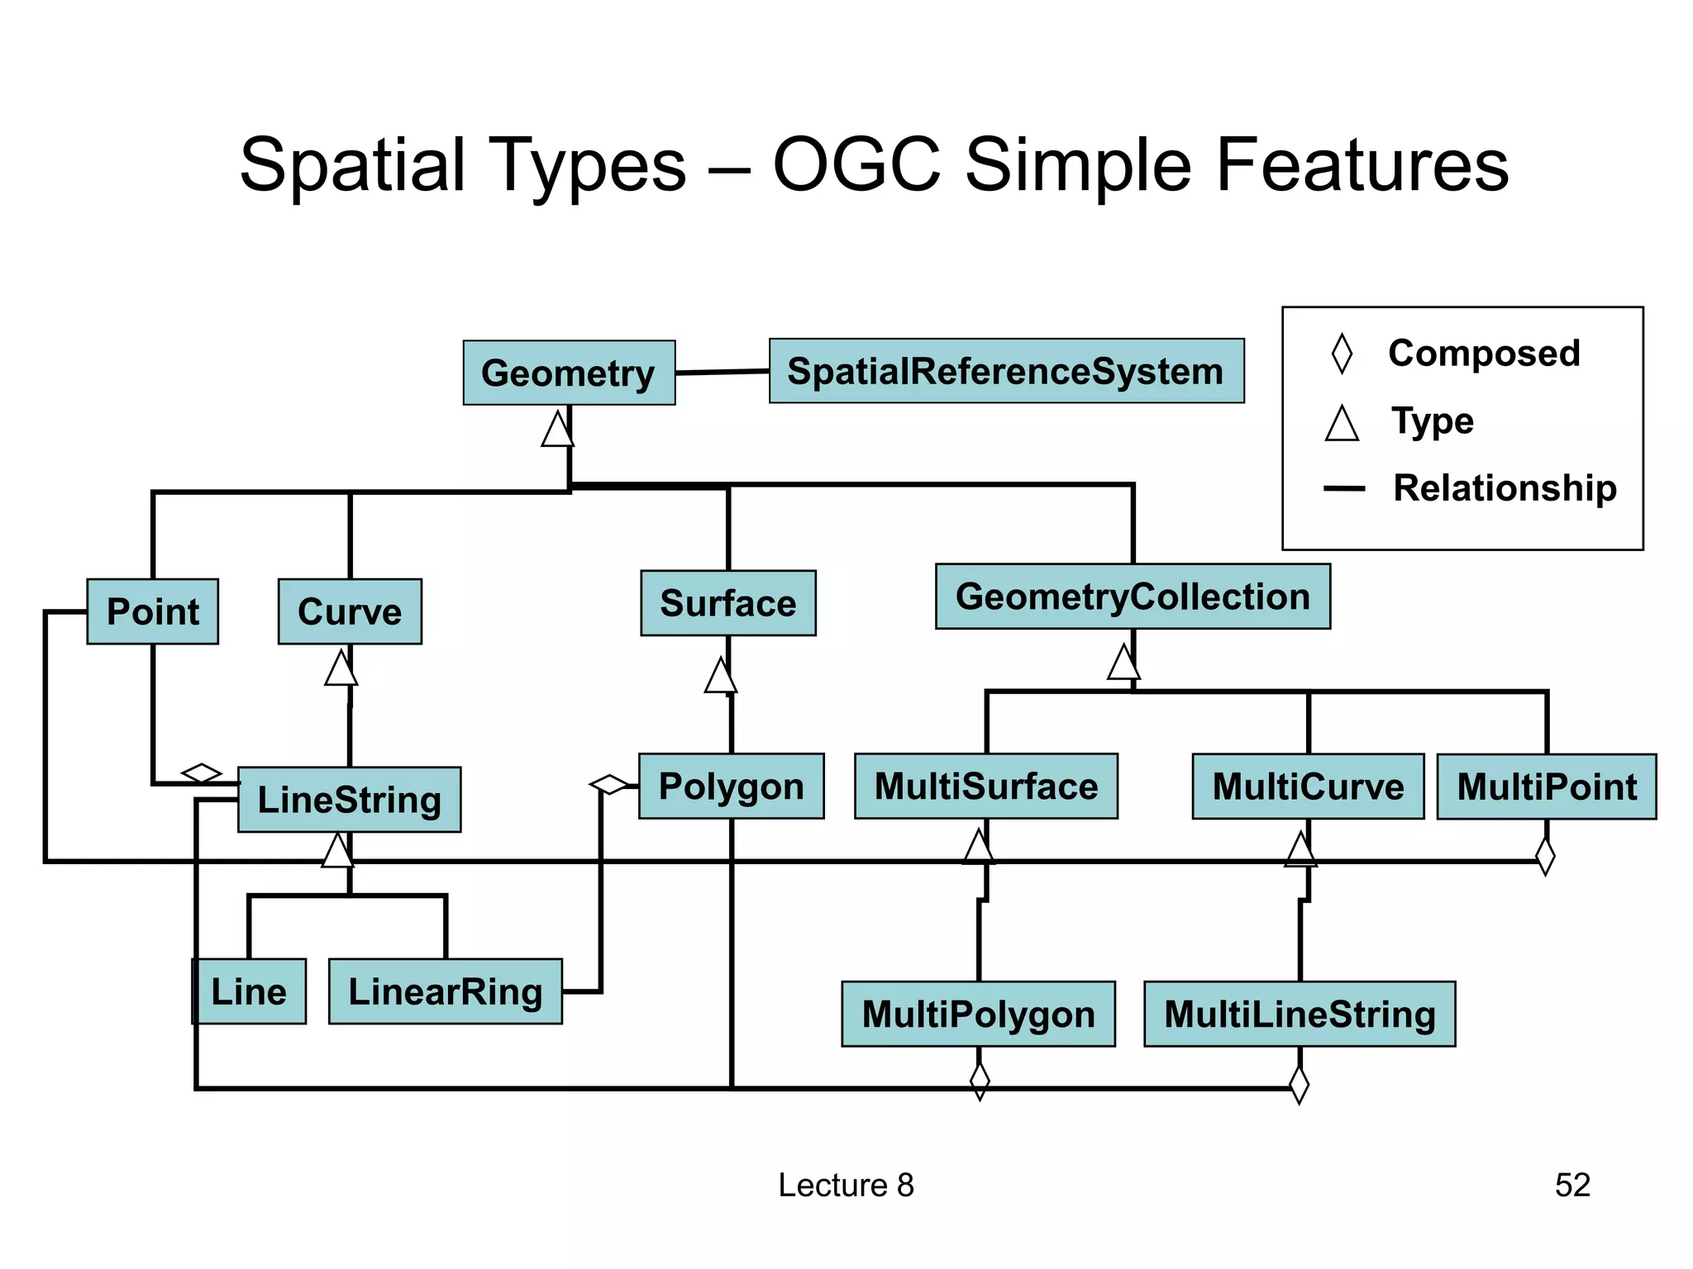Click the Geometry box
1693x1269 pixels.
(569, 373)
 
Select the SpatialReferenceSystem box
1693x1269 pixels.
(1006, 371)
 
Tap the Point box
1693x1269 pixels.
(153, 611)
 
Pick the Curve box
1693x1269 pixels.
(350, 611)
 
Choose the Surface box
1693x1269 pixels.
(728, 603)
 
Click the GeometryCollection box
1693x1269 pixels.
(1133, 596)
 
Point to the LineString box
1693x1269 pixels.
(350, 800)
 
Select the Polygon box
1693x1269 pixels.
(732, 786)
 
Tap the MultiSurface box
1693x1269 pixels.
(986, 786)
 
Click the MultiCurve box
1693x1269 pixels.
(1308, 787)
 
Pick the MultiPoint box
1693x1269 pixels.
(1547, 787)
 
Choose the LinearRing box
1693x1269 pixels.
(446, 991)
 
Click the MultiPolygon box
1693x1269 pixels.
(979, 1014)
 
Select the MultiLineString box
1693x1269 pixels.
(1300, 1014)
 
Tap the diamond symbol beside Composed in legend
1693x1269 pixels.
(1342, 354)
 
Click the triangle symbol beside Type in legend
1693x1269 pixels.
(1342, 424)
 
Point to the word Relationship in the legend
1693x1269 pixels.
(1505, 487)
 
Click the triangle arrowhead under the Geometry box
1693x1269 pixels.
(558, 430)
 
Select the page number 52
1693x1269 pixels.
(1572, 1185)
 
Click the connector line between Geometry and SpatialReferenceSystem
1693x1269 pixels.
(722, 373)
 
